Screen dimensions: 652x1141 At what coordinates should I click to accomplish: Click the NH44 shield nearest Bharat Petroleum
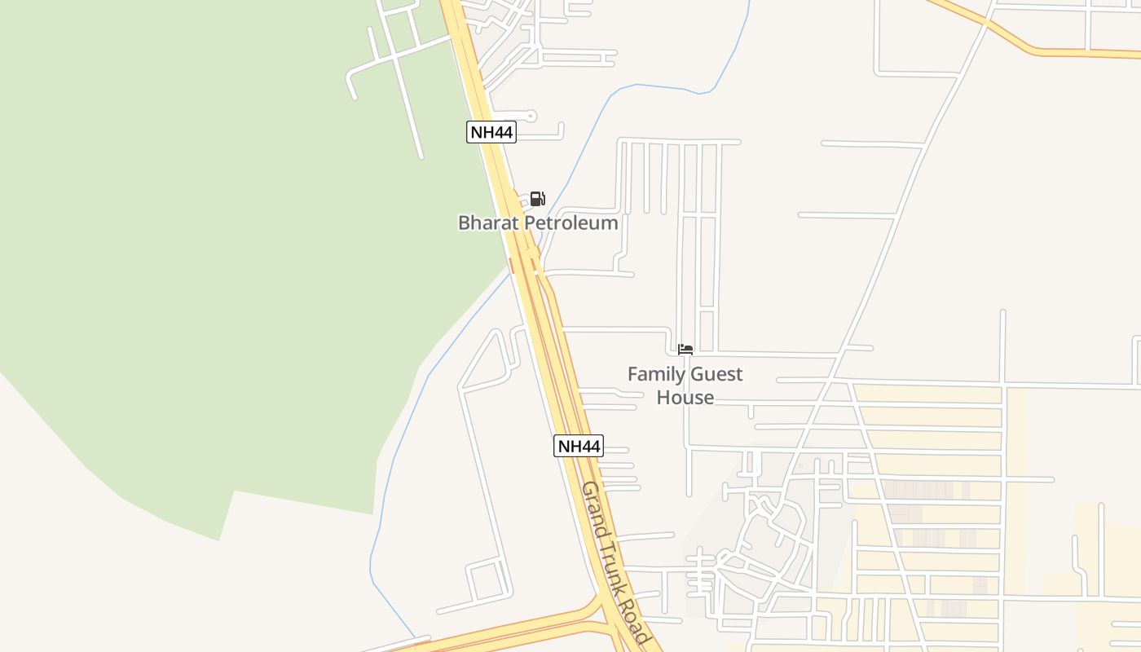(491, 132)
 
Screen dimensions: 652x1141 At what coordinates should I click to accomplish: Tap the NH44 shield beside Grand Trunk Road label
(579, 446)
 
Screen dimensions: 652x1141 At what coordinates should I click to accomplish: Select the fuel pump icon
(537, 199)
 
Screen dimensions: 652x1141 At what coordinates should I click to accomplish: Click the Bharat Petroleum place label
(538, 222)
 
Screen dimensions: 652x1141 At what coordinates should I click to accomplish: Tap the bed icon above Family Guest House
(685, 350)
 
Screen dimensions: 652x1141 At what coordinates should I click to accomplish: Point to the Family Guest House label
(685, 385)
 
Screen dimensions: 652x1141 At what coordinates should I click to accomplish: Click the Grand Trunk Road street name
(615, 562)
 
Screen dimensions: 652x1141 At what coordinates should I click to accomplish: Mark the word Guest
(716, 374)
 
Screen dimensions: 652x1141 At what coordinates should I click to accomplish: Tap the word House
(685, 398)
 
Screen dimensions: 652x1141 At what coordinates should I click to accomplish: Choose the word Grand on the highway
(593, 509)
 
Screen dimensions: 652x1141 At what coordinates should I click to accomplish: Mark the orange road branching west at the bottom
(505, 632)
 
